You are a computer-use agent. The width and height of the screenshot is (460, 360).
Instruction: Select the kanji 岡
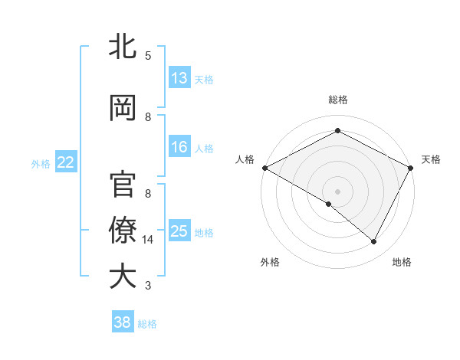pyautogui.click(x=123, y=109)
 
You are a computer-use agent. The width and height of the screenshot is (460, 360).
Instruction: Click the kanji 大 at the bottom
pyautogui.click(x=123, y=276)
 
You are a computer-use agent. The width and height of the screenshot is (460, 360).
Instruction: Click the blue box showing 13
pyautogui.click(x=179, y=78)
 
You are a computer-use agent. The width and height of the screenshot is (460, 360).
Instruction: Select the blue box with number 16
pyautogui.click(x=179, y=147)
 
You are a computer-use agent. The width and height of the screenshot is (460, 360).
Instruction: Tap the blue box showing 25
pyautogui.click(x=179, y=231)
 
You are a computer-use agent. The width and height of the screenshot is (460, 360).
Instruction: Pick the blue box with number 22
pyautogui.click(x=66, y=162)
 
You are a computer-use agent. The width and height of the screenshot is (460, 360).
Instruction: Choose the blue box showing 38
pyautogui.click(x=123, y=322)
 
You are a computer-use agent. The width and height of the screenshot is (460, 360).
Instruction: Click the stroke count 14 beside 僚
pyautogui.click(x=149, y=240)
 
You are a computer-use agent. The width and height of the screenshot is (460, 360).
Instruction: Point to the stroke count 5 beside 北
pyautogui.click(x=148, y=55)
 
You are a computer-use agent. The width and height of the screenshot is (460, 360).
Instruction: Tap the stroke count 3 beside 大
pyautogui.click(x=148, y=286)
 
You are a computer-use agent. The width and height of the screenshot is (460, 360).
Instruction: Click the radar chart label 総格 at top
pyautogui.click(x=337, y=100)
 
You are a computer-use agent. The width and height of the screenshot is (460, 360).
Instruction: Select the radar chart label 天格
pyautogui.click(x=431, y=159)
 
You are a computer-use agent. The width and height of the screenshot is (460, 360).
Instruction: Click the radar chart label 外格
pyautogui.click(x=270, y=262)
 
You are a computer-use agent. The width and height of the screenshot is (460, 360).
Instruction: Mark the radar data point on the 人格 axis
pyautogui.click(x=264, y=167)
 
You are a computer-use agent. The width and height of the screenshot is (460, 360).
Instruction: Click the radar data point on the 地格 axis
pyautogui.click(x=374, y=241)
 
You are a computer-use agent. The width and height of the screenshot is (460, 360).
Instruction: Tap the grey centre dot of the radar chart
pyautogui.click(x=337, y=191)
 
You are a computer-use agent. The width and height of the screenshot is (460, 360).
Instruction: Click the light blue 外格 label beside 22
pyautogui.click(x=41, y=163)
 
